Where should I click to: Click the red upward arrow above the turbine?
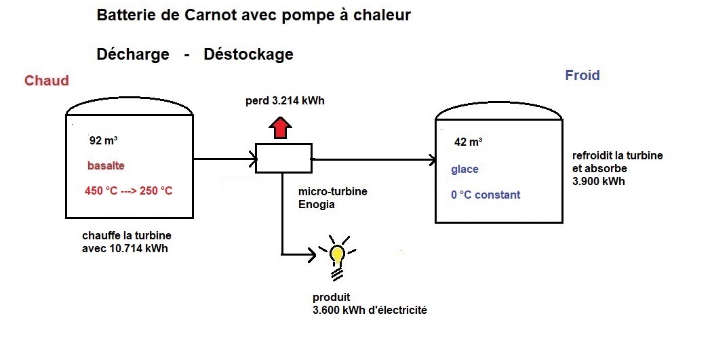tap(280, 127)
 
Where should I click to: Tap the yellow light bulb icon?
tap(338, 258)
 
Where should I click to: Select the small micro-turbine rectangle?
tap(284, 158)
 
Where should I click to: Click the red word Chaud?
tap(46, 81)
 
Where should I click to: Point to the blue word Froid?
tap(582, 75)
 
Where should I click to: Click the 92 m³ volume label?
tap(104, 140)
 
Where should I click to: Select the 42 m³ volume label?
tap(468, 142)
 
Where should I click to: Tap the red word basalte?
tap(106, 165)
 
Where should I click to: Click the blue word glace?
tap(464, 169)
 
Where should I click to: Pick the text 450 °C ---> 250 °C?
tap(129, 191)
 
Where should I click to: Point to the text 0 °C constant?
tap(486, 195)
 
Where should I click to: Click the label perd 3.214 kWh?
tap(285, 101)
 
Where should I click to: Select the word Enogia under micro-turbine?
tap(317, 204)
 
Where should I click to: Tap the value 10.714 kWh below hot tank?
tap(138, 248)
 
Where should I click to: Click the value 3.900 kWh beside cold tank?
tap(599, 181)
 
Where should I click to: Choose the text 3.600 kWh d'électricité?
tap(370, 310)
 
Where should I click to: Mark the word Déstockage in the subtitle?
tap(248, 54)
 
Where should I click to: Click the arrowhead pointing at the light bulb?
tap(313, 255)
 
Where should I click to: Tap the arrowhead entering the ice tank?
tap(432, 160)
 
